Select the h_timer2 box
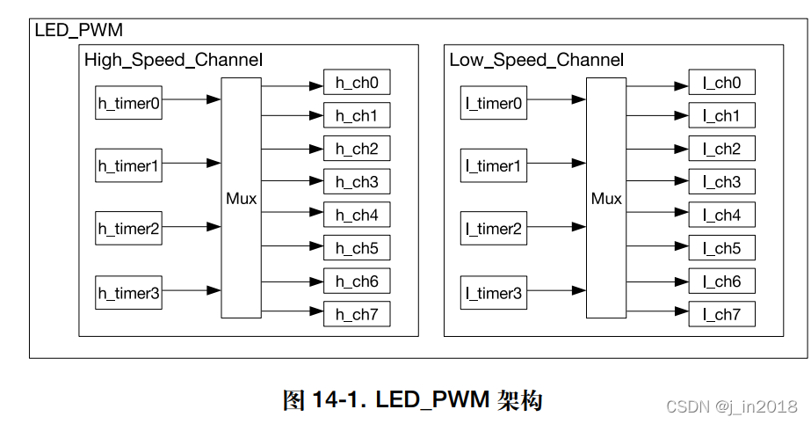point(128,229)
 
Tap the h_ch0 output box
point(357,83)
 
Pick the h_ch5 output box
point(357,248)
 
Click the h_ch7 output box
point(357,314)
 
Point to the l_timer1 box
point(494,165)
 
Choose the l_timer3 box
point(494,293)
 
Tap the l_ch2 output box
point(721,149)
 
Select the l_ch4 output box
point(721,215)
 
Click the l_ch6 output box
point(721,281)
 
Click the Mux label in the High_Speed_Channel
point(241,199)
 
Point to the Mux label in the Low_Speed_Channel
point(606,199)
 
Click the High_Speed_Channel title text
point(173,61)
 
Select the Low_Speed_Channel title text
point(537,61)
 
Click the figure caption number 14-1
point(337,401)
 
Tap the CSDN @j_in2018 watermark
point(732,406)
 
